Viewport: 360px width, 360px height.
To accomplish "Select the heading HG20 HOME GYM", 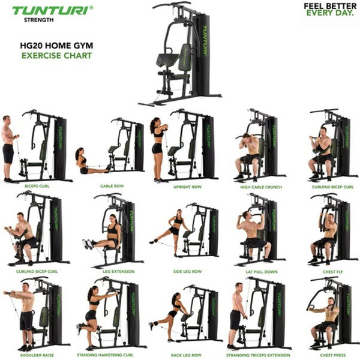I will (x=56, y=45).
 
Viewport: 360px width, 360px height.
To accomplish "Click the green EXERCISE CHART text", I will (x=56, y=55).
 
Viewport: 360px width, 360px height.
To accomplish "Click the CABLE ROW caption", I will (x=112, y=187).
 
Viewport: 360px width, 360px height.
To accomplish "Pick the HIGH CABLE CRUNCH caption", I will (x=258, y=187).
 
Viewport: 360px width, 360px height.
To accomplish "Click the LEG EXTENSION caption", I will (x=118, y=271).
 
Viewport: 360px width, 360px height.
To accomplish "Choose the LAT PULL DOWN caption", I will (x=258, y=271).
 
